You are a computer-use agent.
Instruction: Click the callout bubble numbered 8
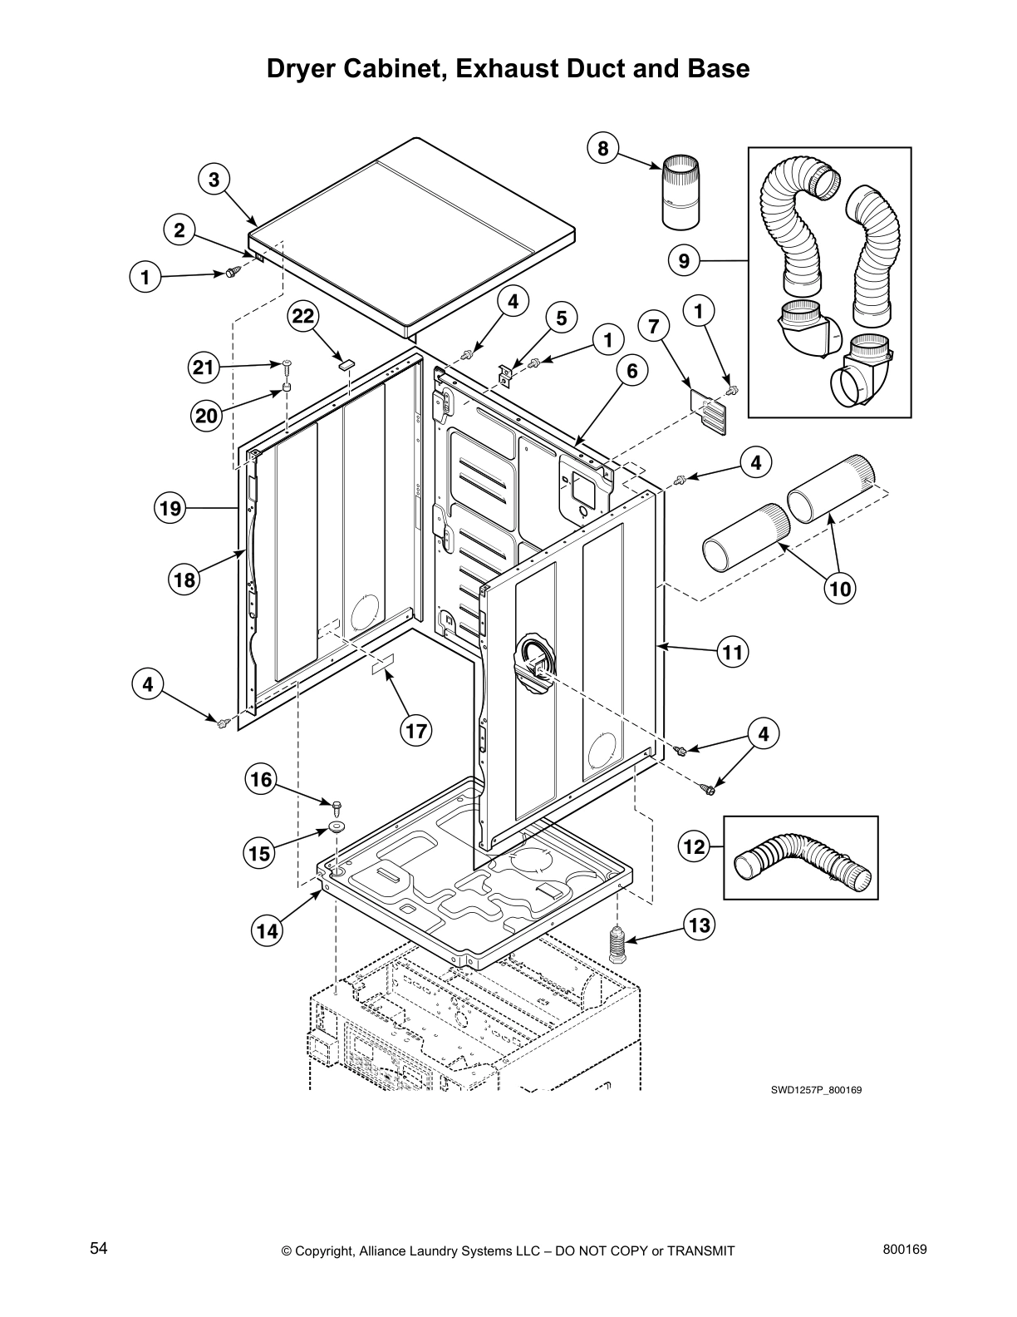tap(602, 150)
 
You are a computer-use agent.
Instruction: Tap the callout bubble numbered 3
tap(214, 180)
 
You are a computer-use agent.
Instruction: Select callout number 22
tap(303, 317)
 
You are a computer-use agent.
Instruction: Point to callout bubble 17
tap(415, 731)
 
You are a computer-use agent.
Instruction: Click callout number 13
tap(700, 925)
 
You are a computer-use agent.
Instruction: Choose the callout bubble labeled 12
tap(694, 847)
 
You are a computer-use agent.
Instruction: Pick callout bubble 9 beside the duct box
tap(683, 261)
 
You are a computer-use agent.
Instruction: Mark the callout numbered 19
tap(170, 508)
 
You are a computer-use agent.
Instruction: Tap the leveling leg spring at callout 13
tap(617, 944)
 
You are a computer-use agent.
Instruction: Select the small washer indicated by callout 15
tap(337, 826)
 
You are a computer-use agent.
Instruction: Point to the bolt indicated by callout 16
tap(337, 806)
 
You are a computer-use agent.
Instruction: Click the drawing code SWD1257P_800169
tap(815, 1090)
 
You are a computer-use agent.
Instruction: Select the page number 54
tap(98, 1248)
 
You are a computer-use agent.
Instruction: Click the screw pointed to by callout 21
tap(287, 364)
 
